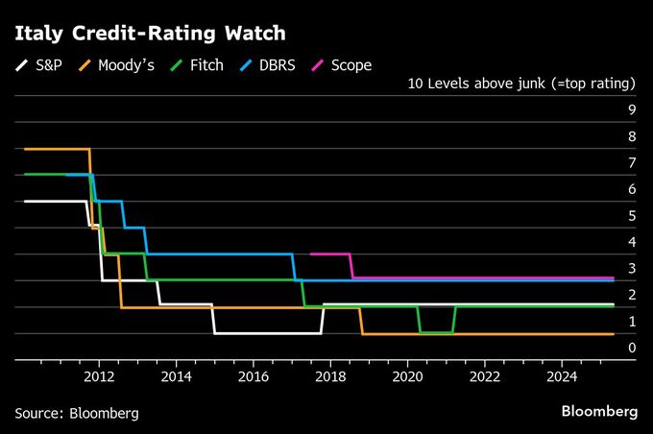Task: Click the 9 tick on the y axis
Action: coord(632,110)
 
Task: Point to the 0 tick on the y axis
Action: coord(632,348)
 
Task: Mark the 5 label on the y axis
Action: coord(632,216)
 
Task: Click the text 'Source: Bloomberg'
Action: coord(77,413)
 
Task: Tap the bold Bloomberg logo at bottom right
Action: coord(599,411)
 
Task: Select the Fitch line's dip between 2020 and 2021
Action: coord(435,332)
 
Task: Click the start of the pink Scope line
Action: coord(312,254)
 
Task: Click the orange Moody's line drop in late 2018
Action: coord(361,321)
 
